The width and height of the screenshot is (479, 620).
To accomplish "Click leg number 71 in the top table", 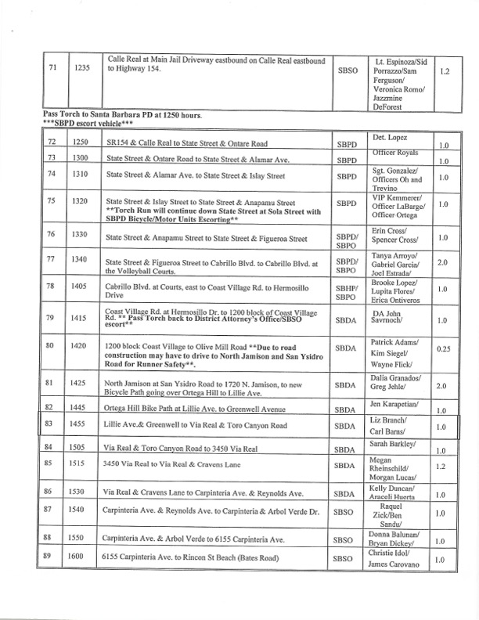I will click(52, 69).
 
